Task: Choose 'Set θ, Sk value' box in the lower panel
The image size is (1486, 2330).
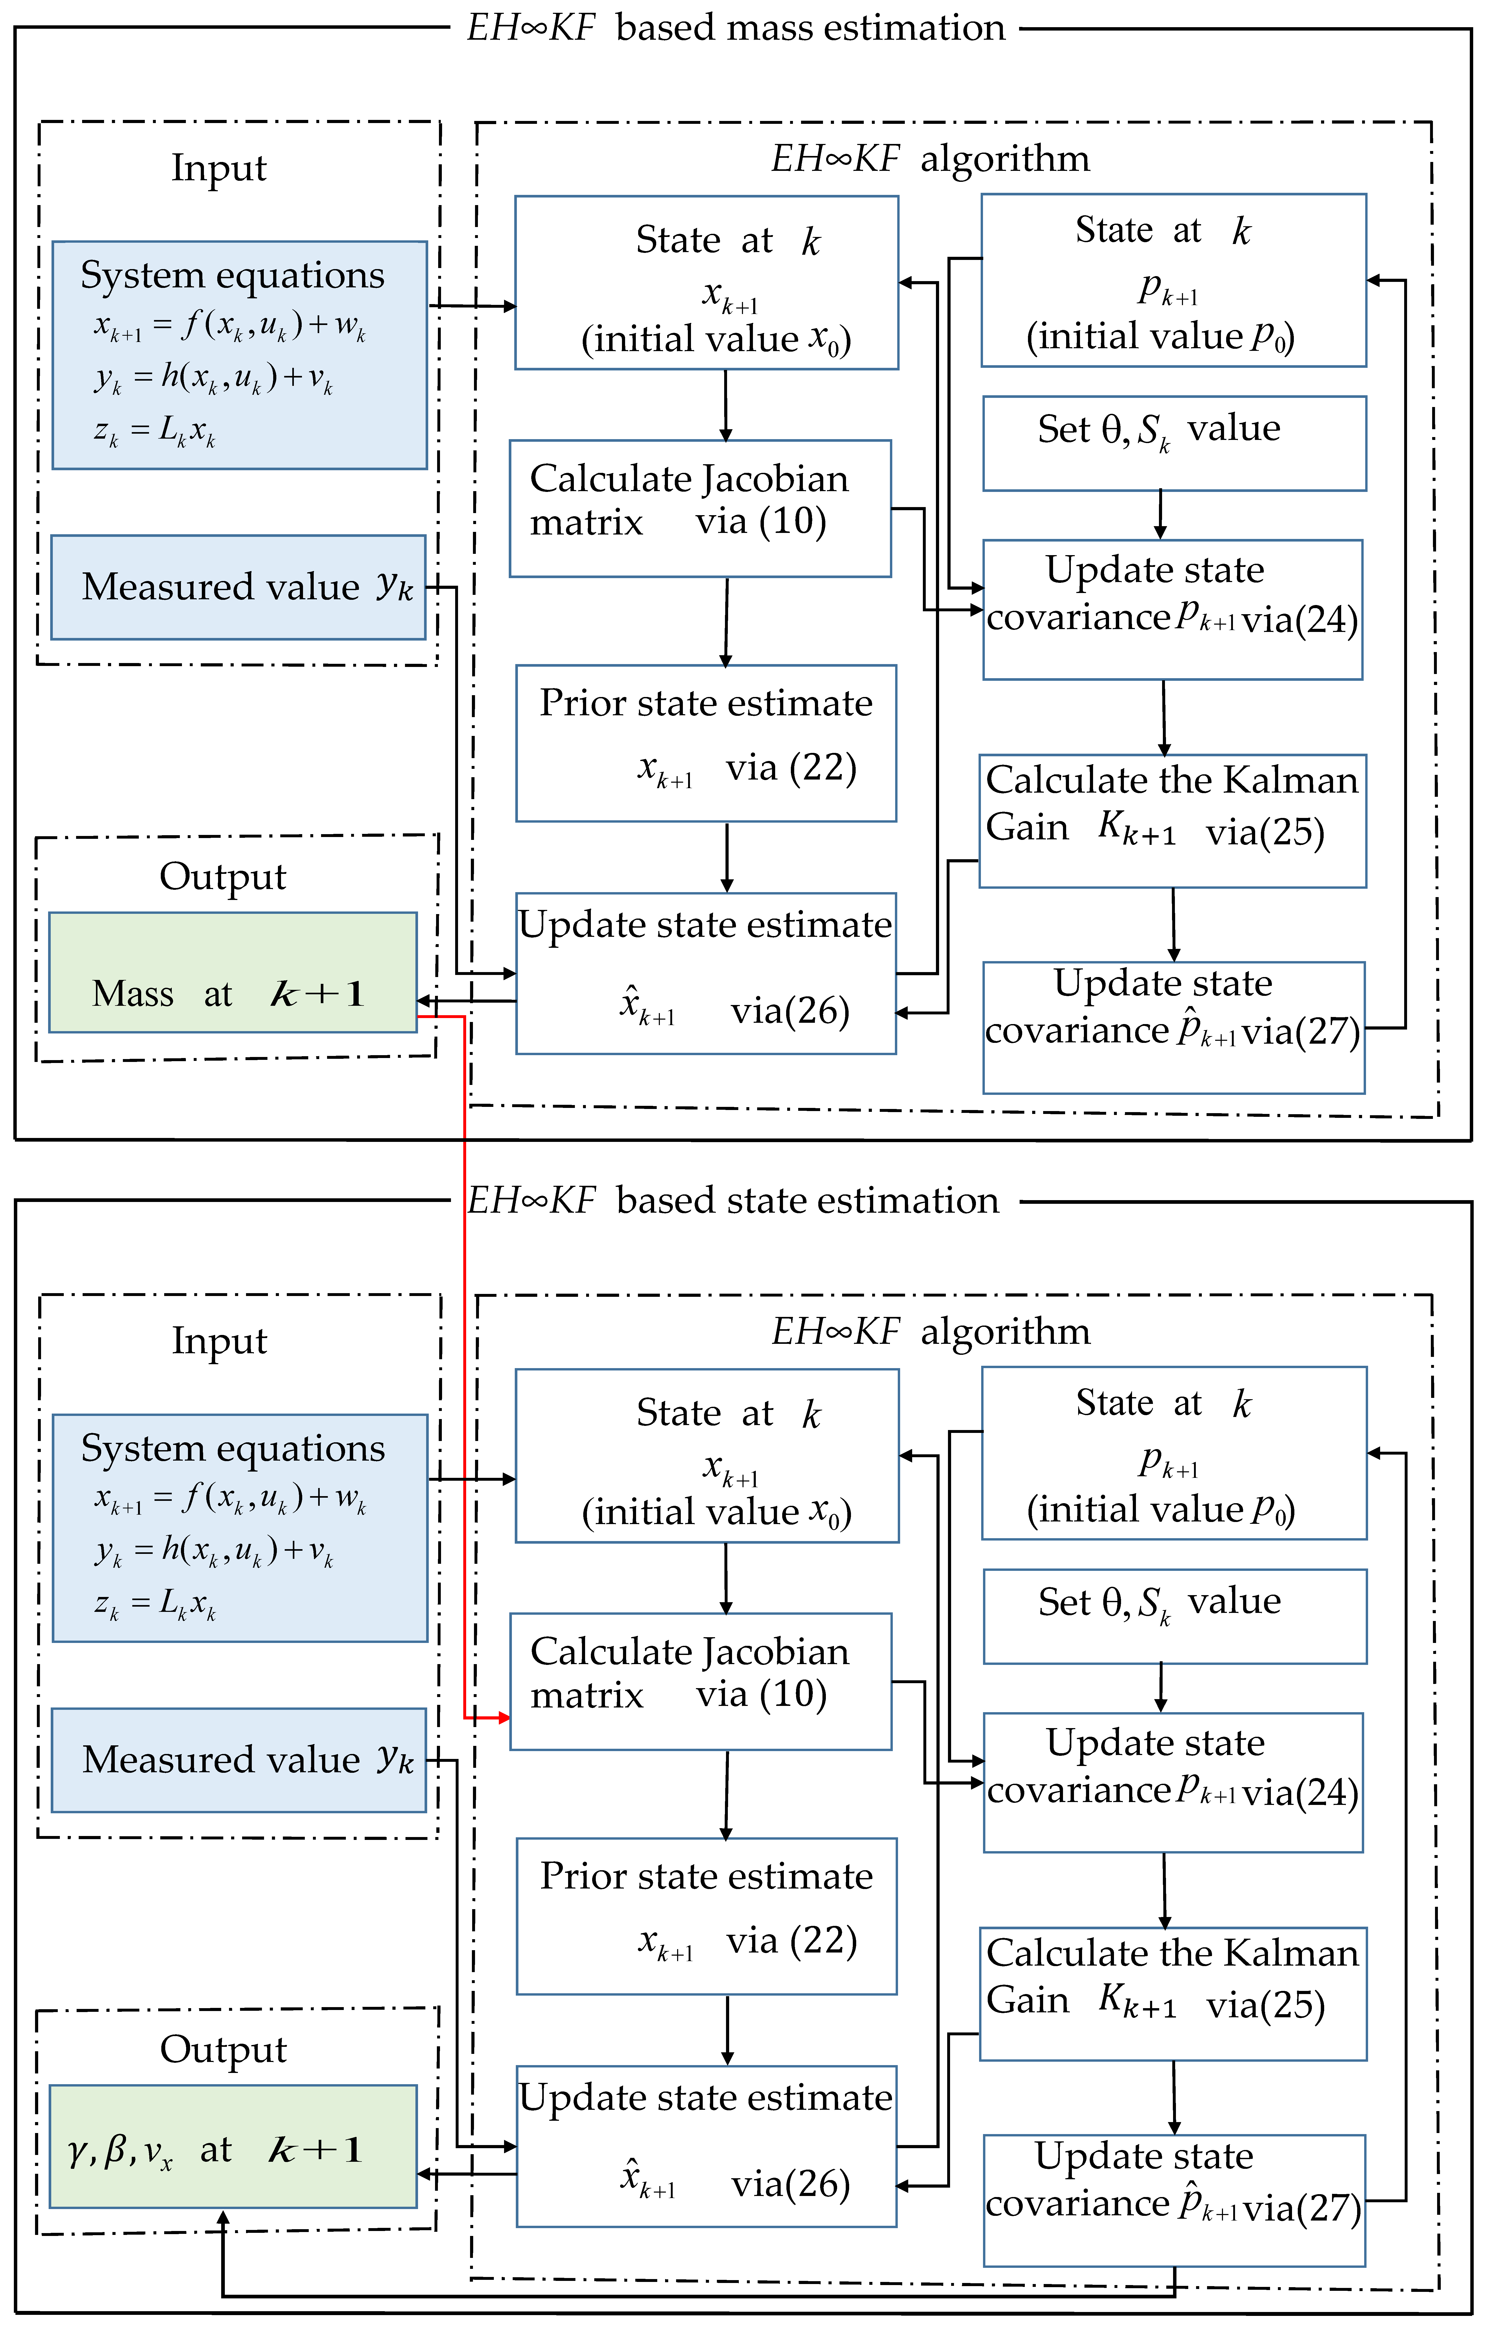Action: click(1174, 1616)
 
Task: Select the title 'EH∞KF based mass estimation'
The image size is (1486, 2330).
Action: click(736, 28)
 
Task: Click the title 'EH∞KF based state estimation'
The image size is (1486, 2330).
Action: click(733, 1201)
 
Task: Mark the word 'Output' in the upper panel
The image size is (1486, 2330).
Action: click(223, 877)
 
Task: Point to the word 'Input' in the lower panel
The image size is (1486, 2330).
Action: click(219, 1341)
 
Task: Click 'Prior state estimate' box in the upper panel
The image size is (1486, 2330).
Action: click(706, 743)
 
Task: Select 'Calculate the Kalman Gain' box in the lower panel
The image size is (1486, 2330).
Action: click(1172, 1993)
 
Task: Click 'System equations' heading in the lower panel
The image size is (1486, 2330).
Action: click(232, 1449)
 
